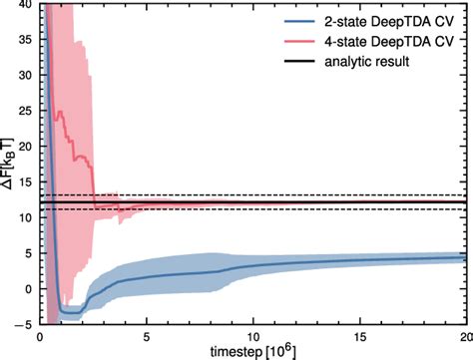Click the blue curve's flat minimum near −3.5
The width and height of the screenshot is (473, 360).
70,313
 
